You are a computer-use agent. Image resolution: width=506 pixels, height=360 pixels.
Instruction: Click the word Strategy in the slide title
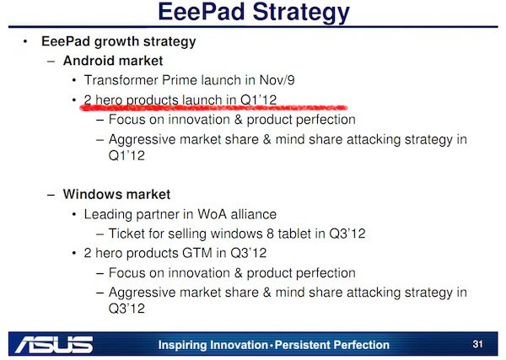click(x=301, y=13)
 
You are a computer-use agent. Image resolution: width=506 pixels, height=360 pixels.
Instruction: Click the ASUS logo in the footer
click(x=54, y=345)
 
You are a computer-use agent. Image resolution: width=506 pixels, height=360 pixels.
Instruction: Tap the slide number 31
click(x=477, y=344)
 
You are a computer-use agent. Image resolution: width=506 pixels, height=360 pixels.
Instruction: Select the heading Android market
click(x=113, y=61)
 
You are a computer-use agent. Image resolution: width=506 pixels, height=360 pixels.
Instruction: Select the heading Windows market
click(x=116, y=194)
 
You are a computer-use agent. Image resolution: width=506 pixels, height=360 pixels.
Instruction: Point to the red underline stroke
click(x=213, y=107)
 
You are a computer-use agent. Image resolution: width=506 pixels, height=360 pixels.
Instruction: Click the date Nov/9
click(x=277, y=80)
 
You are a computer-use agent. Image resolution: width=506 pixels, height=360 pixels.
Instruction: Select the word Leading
click(x=108, y=214)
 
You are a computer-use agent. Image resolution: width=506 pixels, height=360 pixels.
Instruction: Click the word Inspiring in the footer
click(x=181, y=345)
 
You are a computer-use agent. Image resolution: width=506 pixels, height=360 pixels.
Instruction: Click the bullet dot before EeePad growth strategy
click(x=25, y=41)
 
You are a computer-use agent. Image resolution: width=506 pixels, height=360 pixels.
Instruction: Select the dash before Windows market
click(x=51, y=195)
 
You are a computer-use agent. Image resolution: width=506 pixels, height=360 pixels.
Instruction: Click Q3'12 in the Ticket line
click(x=347, y=234)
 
